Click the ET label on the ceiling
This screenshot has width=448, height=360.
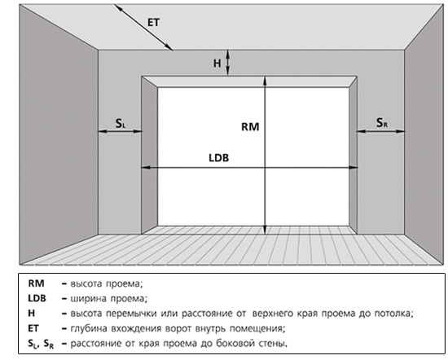click(154, 22)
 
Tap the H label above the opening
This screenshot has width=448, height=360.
click(217, 64)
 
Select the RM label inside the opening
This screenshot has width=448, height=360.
click(250, 126)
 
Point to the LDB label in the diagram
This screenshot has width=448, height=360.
click(219, 158)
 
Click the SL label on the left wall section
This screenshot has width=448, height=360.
click(121, 124)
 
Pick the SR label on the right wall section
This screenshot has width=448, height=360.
click(382, 123)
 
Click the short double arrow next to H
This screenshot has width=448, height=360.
click(228, 63)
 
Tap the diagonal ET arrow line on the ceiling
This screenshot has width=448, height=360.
click(143, 27)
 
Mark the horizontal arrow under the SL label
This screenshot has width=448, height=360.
click(120, 131)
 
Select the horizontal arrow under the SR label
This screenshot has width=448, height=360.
click(381, 131)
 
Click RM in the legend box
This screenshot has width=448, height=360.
click(37, 283)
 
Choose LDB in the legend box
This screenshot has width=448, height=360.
click(37, 298)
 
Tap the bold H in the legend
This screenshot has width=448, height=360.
click(32, 313)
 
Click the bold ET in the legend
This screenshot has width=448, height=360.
click(33, 328)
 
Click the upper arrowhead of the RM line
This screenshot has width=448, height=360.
click(265, 81)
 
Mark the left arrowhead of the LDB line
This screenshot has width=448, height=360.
click(146, 168)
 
